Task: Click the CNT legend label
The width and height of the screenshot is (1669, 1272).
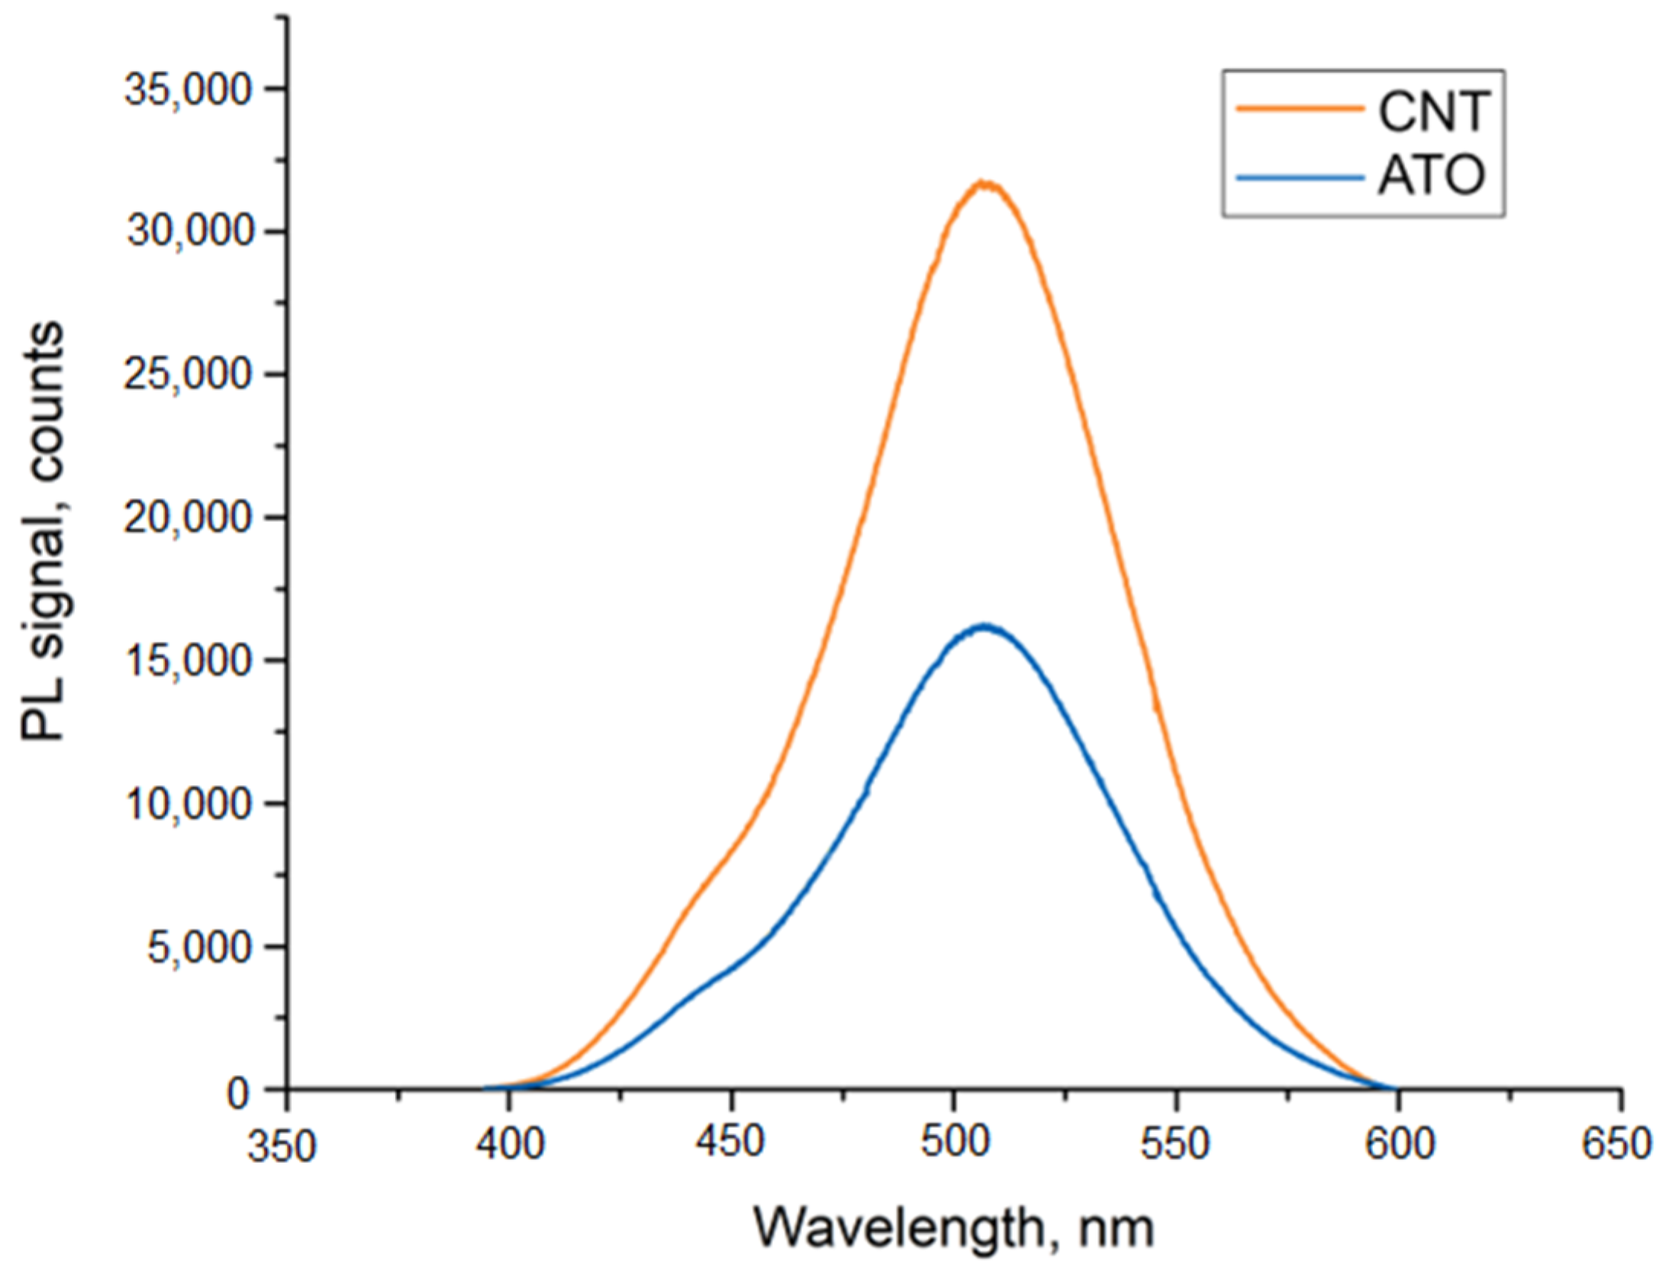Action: pos(1432,112)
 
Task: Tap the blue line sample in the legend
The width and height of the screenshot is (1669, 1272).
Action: pos(1299,177)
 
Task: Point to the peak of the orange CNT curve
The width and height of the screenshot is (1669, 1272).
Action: pos(985,184)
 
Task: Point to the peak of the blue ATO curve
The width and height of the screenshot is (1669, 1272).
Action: pos(984,626)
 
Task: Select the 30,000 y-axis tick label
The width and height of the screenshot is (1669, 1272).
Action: pos(188,231)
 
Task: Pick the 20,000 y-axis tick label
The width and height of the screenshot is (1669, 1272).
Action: pos(188,518)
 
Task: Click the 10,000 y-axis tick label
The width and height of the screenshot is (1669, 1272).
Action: pos(188,804)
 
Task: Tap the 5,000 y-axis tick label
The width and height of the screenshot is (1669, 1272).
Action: pos(198,948)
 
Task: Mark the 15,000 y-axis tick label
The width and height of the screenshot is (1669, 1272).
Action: pos(188,661)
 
